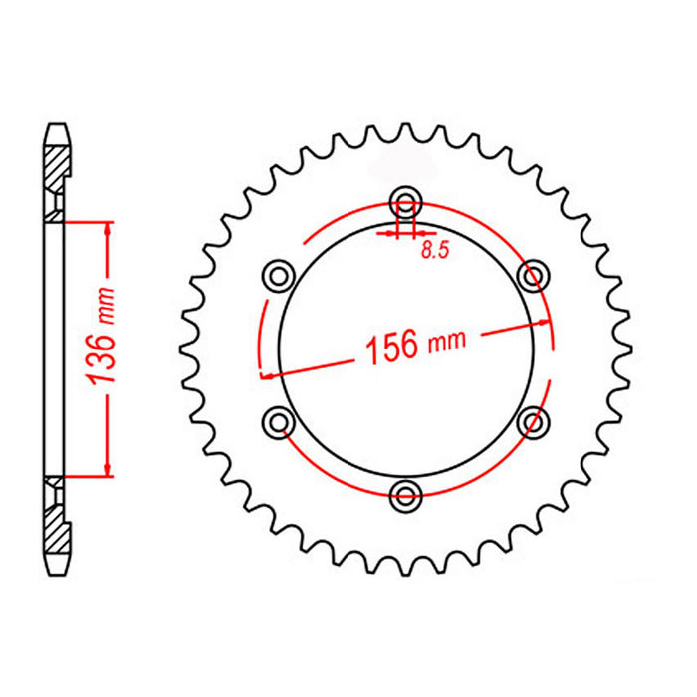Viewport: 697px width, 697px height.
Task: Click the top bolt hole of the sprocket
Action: click(x=405, y=197)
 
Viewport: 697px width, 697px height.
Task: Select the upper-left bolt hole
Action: click(x=278, y=272)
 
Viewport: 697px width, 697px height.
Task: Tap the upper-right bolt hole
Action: click(x=535, y=272)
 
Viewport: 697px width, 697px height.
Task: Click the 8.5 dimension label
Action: click(x=435, y=251)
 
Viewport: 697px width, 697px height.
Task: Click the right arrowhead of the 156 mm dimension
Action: click(x=544, y=324)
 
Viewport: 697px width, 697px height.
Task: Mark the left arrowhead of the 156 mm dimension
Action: click(x=266, y=373)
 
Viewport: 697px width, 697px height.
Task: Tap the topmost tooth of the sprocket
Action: click(x=406, y=131)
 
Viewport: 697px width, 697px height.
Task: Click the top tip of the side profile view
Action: click(x=57, y=126)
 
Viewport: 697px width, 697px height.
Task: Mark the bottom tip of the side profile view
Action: click(x=57, y=570)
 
